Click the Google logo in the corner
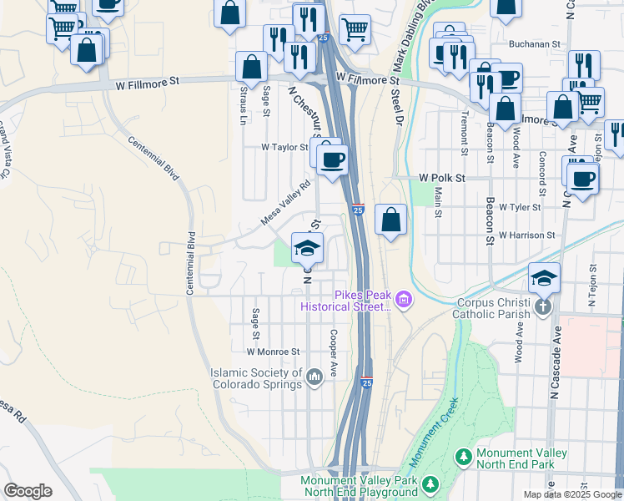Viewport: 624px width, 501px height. pos(28,491)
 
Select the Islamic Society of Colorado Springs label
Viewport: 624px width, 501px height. pos(256,378)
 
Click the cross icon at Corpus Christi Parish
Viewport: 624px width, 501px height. pos(543,306)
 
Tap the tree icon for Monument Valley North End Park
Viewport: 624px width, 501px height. pos(463,458)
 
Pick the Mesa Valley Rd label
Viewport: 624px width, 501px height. pos(285,205)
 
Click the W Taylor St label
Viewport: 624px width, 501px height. pos(284,146)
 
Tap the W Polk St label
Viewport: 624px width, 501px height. pos(441,178)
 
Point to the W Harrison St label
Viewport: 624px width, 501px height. pos(527,235)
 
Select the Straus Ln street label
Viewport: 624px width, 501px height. pos(244,104)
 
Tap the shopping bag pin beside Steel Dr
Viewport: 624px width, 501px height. pos(391,220)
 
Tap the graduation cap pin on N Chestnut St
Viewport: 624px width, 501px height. pos(307,248)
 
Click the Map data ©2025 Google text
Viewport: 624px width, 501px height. pos(571,494)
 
